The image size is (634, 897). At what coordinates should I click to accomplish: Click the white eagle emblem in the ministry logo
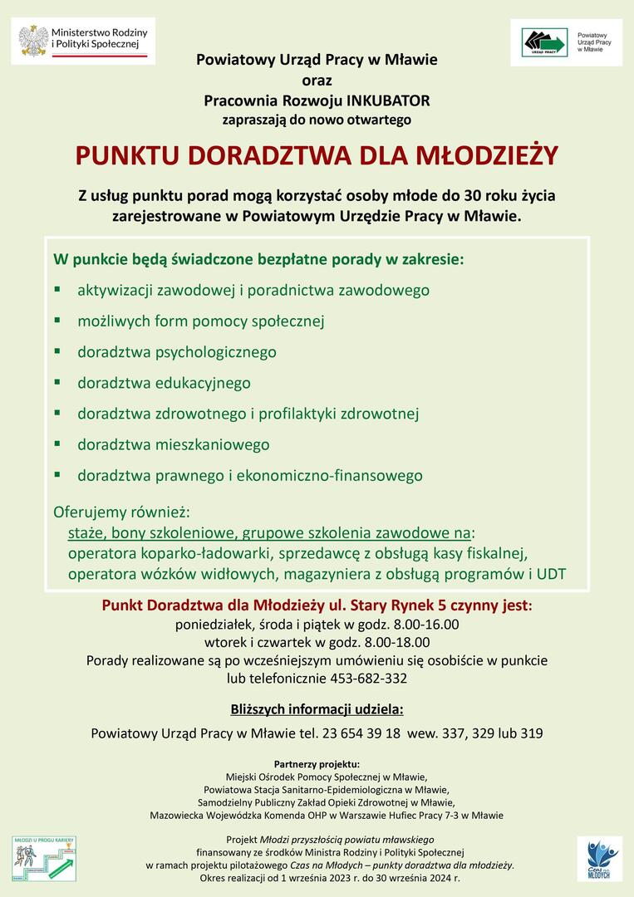click(34, 40)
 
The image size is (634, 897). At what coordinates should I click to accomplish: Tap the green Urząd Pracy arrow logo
click(543, 42)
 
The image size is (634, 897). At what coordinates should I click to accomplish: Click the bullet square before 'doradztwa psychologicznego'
click(57, 351)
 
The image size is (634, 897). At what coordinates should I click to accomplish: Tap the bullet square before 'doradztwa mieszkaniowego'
click(57, 444)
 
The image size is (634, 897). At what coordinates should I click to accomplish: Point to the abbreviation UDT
click(552, 574)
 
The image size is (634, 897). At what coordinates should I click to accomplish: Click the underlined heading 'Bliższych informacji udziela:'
click(317, 709)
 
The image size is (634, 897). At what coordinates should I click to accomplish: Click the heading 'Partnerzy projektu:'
click(317, 763)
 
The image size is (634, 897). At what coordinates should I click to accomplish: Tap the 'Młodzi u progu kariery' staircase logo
click(44, 858)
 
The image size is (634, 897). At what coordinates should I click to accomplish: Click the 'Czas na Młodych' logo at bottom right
click(599, 859)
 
